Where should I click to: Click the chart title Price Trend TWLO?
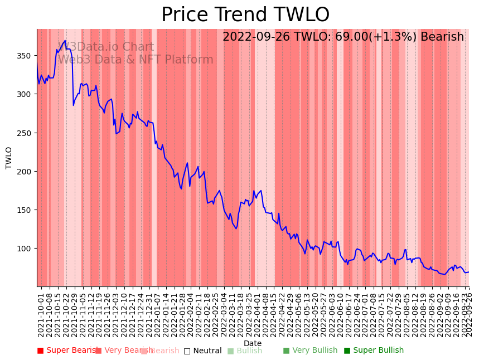click(245, 15)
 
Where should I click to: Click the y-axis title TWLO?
click(9, 158)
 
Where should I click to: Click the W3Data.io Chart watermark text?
click(106, 47)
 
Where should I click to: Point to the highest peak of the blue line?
click(65, 41)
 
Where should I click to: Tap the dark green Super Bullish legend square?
click(347, 351)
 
